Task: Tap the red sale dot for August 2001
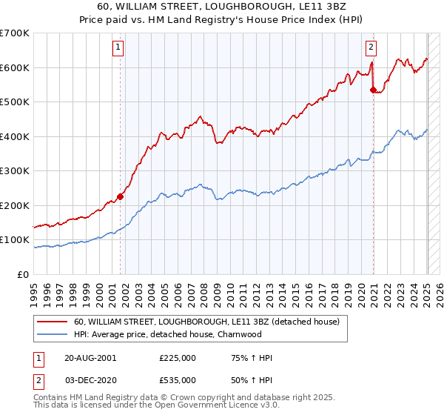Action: pyautogui.click(x=120, y=197)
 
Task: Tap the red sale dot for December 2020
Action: pyautogui.click(x=373, y=90)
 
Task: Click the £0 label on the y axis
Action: pyautogui.click(x=22, y=275)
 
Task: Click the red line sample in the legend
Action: pyautogui.click(x=52, y=322)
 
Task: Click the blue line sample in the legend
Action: pyautogui.click(x=52, y=334)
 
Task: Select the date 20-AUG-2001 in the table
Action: pyautogui.click(x=90, y=358)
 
